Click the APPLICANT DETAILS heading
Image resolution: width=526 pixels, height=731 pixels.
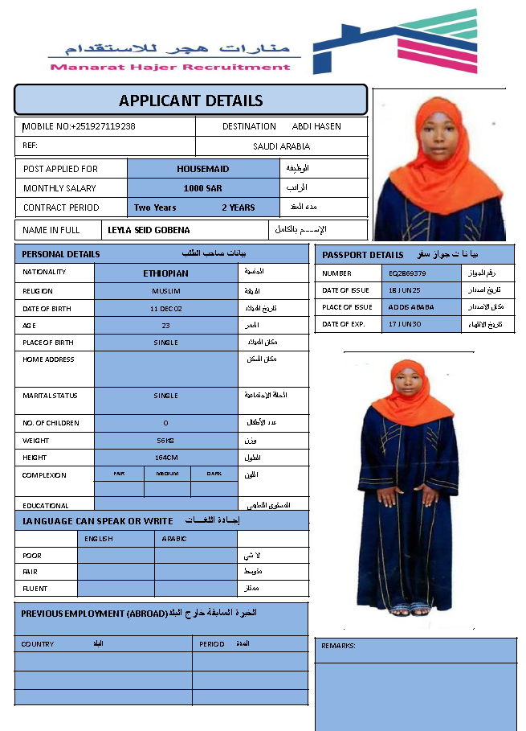point(190,101)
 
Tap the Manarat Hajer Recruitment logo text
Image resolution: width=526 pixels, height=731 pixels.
point(170,67)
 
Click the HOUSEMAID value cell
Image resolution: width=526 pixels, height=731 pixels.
point(202,169)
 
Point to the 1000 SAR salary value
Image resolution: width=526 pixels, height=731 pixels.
point(202,188)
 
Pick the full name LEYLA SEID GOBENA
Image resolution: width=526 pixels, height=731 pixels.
point(149,230)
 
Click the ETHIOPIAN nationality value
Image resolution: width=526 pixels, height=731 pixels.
point(165,273)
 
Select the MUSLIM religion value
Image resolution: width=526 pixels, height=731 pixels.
point(165,291)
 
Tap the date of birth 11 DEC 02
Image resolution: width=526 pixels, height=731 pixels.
point(165,309)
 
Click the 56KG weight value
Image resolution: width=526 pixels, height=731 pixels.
point(165,441)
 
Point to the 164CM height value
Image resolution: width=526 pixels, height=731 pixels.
point(165,458)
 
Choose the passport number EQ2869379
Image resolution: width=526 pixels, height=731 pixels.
point(407,273)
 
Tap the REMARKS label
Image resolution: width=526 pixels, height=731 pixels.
point(338,646)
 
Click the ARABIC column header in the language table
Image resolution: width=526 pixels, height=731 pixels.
point(174,539)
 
